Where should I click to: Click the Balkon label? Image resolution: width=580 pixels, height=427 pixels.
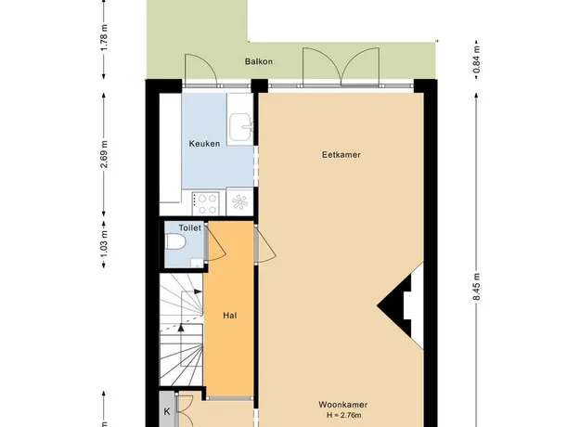click(259, 61)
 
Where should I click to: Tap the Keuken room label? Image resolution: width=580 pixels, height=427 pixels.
click(204, 144)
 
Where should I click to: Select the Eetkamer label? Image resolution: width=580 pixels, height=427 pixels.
click(342, 155)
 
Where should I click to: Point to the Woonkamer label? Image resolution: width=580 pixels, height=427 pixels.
click(342, 405)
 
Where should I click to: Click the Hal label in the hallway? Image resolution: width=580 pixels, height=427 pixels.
click(230, 316)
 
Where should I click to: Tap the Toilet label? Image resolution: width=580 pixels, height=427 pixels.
click(189, 228)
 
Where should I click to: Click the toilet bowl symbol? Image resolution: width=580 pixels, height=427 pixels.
click(175, 241)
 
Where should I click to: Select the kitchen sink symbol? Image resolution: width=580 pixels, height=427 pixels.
click(241, 127)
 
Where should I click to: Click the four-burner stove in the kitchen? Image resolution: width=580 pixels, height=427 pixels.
click(205, 203)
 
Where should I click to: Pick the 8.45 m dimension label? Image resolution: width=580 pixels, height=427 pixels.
click(476, 287)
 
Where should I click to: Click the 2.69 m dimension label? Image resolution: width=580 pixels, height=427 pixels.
click(104, 154)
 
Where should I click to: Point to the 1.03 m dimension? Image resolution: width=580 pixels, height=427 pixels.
click(104, 244)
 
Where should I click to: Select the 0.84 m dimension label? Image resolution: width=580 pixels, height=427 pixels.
click(476, 59)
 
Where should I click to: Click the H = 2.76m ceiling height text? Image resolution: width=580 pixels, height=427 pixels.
click(343, 415)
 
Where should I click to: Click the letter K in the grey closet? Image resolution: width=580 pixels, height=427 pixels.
click(167, 411)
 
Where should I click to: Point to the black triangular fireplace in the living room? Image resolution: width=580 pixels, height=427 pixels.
click(395, 305)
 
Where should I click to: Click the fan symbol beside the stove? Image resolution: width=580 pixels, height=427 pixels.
click(239, 202)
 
